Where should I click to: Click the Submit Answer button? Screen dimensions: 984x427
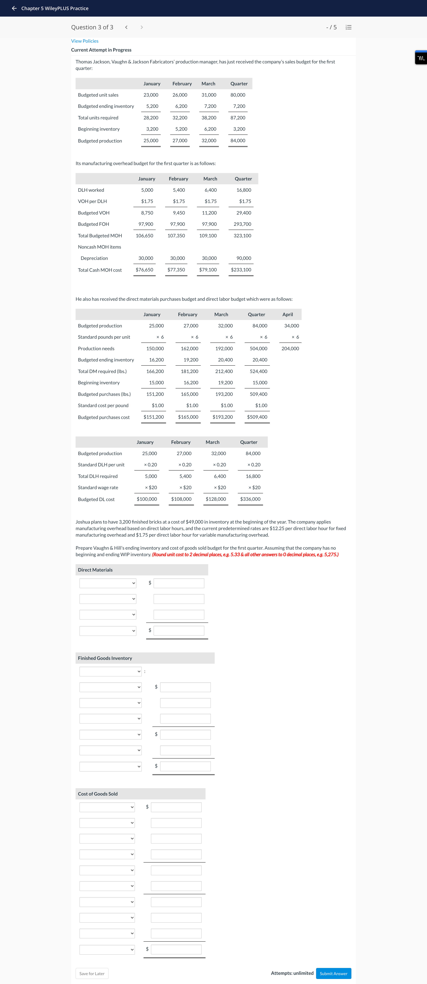click(x=333, y=973)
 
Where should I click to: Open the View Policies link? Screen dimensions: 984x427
click(x=85, y=41)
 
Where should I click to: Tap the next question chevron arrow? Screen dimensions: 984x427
click(x=141, y=27)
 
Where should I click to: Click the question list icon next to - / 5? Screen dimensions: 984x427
click(x=348, y=27)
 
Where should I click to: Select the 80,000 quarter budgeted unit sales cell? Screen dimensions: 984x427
click(x=238, y=95)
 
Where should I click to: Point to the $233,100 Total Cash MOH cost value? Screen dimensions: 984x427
click(x=241, y=270)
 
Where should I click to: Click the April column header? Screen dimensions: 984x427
click(x=287, y=314)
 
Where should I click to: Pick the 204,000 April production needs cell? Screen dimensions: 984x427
click(x=290, y=348)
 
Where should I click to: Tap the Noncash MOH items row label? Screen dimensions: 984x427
click(x=99, y=247)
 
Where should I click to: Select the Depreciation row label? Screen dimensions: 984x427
click(x=94, y=258)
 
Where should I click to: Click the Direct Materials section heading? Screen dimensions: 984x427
click(x=95, y=569)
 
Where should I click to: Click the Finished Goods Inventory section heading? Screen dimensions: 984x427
click(x=105, y=658)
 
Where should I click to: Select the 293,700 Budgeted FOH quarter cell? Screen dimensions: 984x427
click(x=242, y=224)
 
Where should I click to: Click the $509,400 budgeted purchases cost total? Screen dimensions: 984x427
click(x=257, y=417)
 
